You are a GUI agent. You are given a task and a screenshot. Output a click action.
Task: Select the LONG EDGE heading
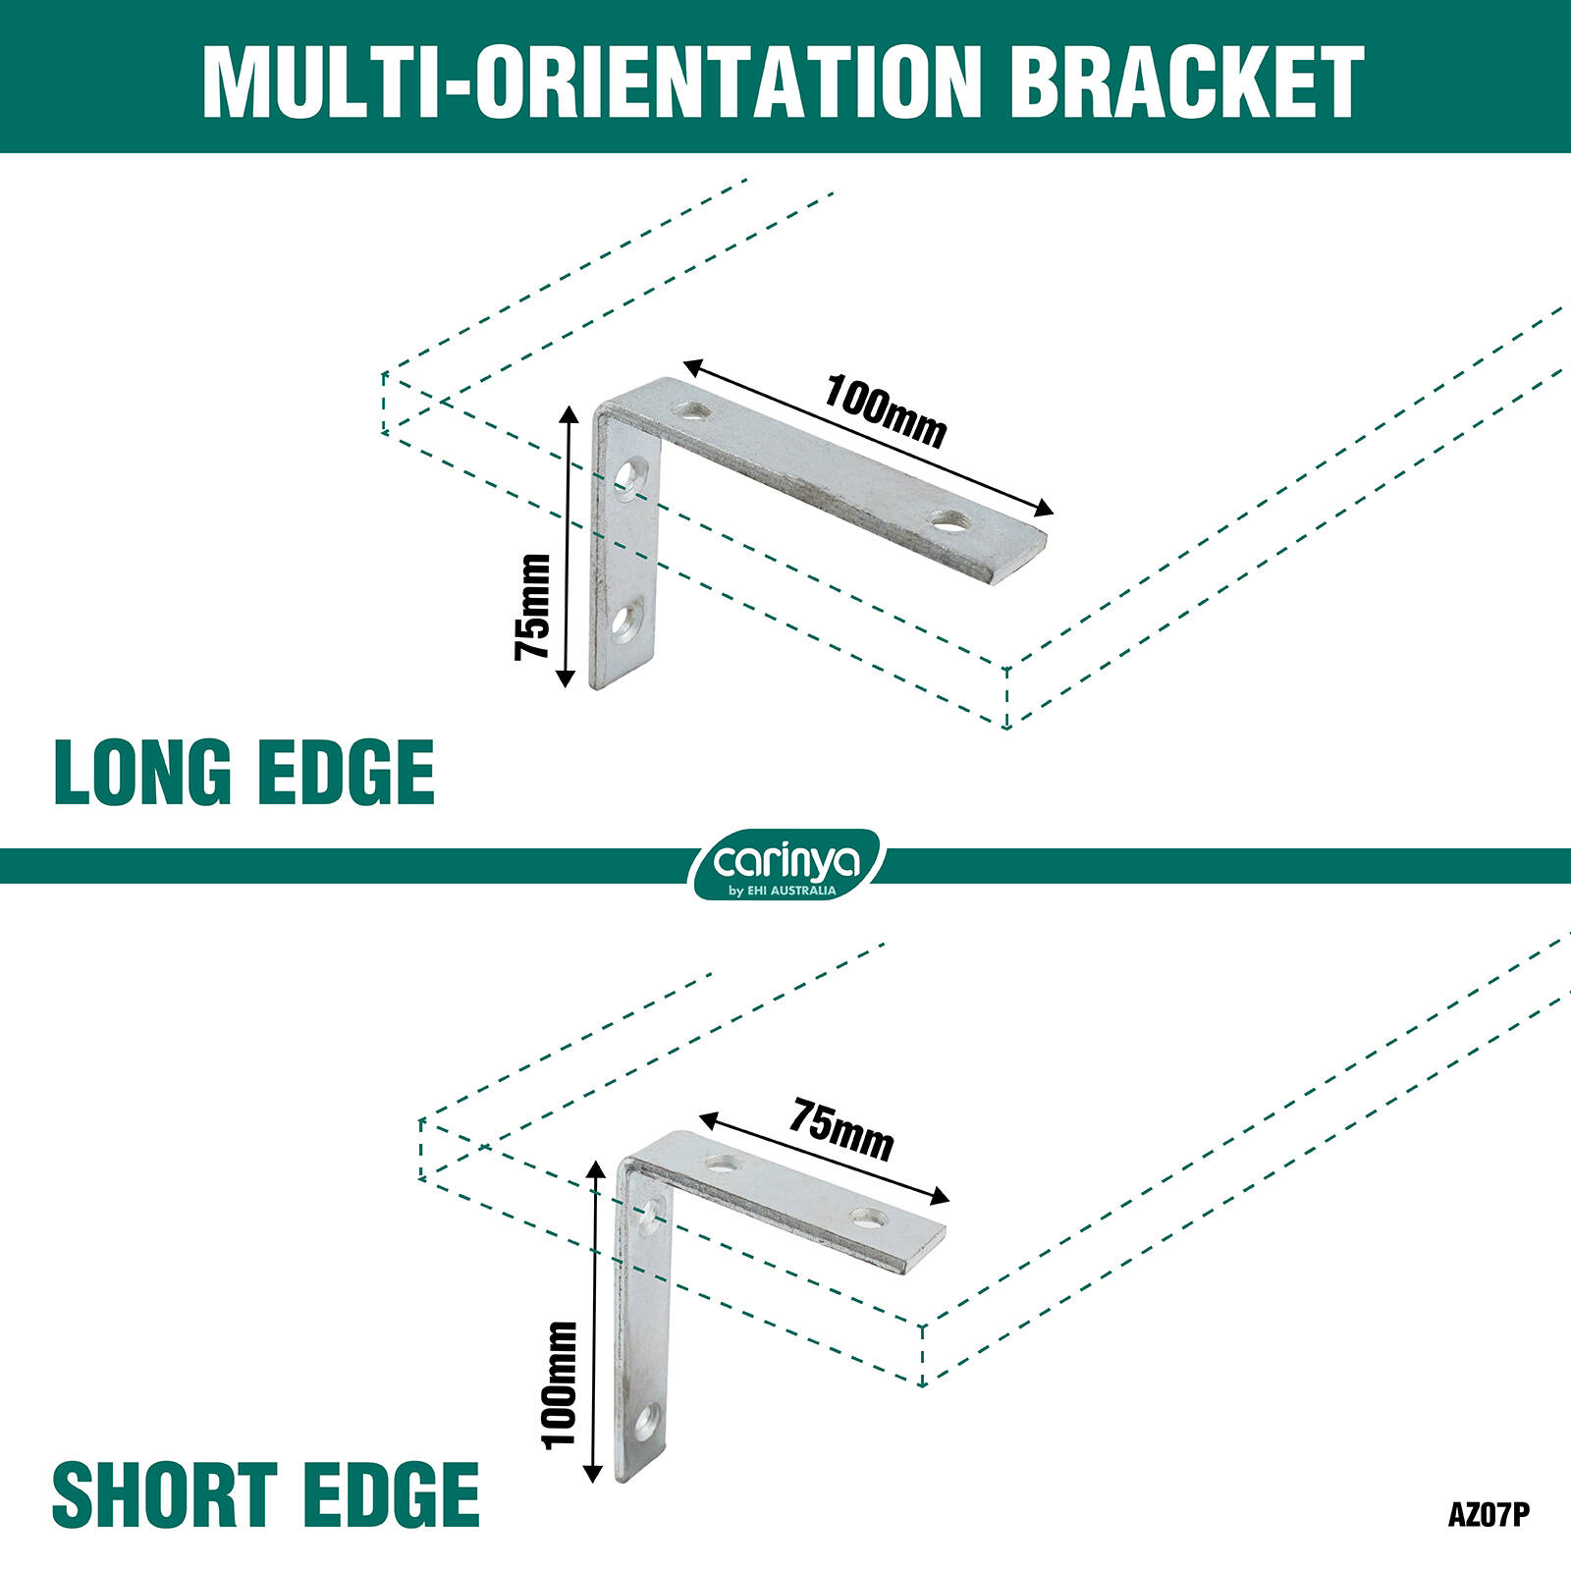pyautogui.click(x=244, y=773)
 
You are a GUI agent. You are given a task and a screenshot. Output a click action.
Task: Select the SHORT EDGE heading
pyautogui.click(x=265, y=1494)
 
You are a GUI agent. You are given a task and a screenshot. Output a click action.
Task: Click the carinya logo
pyautogui.click(x=786, y=864)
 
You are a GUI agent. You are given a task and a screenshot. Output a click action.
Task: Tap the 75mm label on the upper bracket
pyautogui.click(x=533, y=606)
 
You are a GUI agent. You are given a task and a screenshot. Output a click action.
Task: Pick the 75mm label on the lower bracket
pyautogui.click(x=842, y=1129)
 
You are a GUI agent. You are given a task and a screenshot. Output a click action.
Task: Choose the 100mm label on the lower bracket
pyautogui.click(x=561, y=1383)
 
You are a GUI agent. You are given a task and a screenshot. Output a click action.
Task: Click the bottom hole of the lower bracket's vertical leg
pyautogui.click(x=644, y=1423)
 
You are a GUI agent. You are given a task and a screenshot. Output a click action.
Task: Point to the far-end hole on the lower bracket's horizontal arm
pyautogui.click(x=868, y=1219)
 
